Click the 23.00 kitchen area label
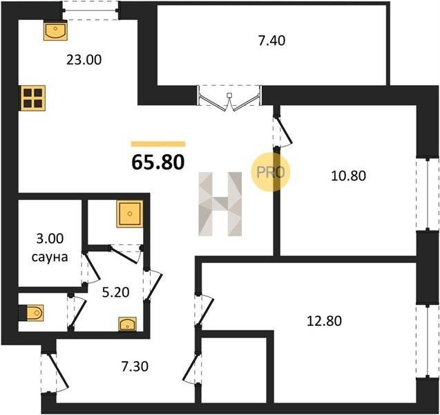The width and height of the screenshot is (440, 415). pos(84,60)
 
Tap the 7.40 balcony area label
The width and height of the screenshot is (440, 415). pos(271,41)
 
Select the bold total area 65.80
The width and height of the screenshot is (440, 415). pos(158,162)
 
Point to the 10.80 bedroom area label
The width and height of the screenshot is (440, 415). pos(349,176)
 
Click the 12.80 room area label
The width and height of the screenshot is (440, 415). pos(325,321)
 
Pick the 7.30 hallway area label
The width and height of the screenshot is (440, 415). pos(135,367)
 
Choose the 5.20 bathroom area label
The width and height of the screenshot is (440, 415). pos(115,293)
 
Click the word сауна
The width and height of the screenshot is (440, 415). pos(50,257)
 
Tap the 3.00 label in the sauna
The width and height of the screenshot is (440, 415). pos(50,239)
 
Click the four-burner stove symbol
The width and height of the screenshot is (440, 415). pos(33,98)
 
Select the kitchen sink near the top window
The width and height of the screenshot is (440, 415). pos(55,31)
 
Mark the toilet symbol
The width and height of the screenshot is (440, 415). pos(32,313)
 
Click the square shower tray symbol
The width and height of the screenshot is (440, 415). pos(130,214)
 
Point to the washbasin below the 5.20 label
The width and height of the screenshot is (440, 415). pos(127,324)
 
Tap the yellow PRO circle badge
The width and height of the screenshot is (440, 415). pos(270,172)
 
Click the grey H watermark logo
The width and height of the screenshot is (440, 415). pos(220,204)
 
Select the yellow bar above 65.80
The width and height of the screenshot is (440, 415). pos(158,144)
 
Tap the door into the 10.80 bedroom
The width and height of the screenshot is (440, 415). pos(283,131)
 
